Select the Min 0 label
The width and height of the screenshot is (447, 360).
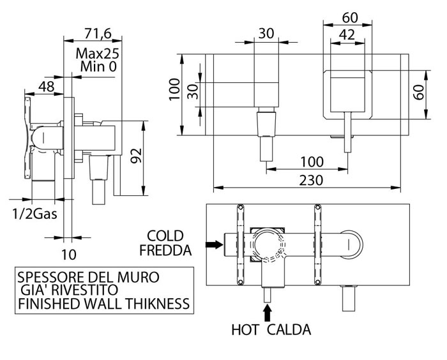click(99, 66)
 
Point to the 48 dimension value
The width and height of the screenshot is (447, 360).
click(46, 87)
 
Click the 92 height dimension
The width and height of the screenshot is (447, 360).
click(135, 155)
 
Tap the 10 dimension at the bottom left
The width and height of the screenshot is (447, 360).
click(70, 253)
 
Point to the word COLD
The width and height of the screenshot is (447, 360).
click(165, 235)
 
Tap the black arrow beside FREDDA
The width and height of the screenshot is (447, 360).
click(211, 243)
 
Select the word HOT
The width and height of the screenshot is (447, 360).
click(245, 330)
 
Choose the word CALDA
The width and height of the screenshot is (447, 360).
click(289, 330)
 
